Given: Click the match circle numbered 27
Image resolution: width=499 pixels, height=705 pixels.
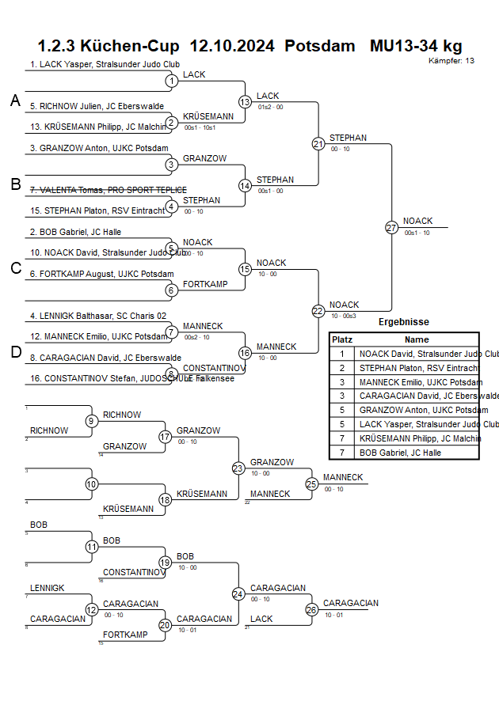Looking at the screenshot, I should coord(391,227).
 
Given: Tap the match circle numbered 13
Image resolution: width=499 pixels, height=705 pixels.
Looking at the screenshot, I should coord(245,102).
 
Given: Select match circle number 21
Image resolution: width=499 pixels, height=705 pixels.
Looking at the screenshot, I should coord(318,144).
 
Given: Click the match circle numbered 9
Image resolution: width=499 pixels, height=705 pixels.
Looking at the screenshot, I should coord(92,421).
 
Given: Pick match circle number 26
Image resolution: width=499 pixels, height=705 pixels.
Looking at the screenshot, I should coord(311,609).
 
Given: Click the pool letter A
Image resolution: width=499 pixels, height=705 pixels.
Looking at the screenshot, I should coord(14,100).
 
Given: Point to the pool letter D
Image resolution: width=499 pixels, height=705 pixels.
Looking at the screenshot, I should coord(15,352).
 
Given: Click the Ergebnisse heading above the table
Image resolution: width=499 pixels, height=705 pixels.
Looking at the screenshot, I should coord(403,322).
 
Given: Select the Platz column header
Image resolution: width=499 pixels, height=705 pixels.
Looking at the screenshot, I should coord(342,339).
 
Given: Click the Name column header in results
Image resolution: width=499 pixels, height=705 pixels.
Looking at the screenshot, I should coord(417,339).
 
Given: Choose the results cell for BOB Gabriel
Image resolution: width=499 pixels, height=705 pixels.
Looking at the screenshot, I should coord(397,453).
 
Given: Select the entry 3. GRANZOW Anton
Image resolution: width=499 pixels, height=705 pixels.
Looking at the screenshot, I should coord(99,148).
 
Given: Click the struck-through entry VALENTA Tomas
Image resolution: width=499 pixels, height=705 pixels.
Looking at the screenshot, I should coord(108,190).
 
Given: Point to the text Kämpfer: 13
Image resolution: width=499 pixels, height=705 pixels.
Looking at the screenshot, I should coord(451,61).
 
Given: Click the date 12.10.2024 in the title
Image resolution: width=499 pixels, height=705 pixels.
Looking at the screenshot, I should coord(233,46).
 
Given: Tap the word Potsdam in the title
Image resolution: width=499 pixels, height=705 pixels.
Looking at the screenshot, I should coord(320,46).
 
